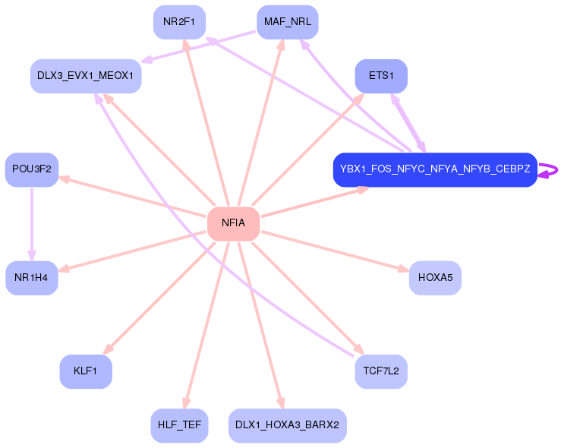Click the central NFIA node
pyautogui.click(x=233, y=224)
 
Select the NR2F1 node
pyautogui.click(x=179, y=22)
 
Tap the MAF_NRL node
pyautogui.click(x=288, y=22)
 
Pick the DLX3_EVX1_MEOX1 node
pyautogui.click(x=86, y=76)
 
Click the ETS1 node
pyautogui.click(x=381, y=76)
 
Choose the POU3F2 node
pyautogui.click(x=32, y=169)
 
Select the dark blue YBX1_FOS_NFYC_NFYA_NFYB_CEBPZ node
pyautogui.click(x=435, y=169)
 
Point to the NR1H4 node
pyautogui.click(x=32, y=278)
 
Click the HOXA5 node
pyautogui.click(x=435, y=278)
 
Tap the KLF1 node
pyautogui.click(x=86, y=371)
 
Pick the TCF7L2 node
pyautogui.click(x=381, y=371)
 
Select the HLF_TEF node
pyautogui.click(x=179, y=425)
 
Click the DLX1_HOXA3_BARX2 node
pyautogui.click(x=288, y=425)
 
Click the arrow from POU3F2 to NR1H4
pyautogui.click(x=32, y=224)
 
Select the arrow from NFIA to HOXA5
pyautogui.click(x=336, y=251)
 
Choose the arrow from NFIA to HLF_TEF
pyautogui.click(x=206, y=325)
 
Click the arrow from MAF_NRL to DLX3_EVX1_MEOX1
pyautogui.click(x=199, y=46)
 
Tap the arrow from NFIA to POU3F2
pyautogui.click(x=133, y=197)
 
